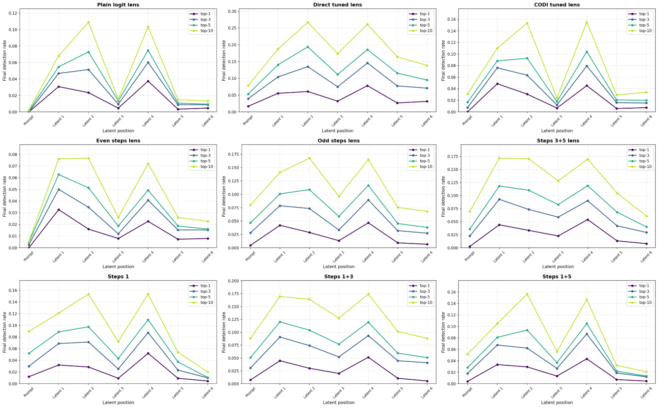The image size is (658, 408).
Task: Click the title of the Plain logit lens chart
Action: [x=118, y=5]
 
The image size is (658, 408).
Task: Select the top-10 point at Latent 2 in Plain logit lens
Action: [x=89, y=22]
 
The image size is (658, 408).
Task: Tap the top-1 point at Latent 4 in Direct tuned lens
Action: [x=367, y=86]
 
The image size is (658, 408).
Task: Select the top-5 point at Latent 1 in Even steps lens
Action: [x=59, y=175]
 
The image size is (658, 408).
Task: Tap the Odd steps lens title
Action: [x=339, y=141]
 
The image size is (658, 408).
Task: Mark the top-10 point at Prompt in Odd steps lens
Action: [x=250, y=205]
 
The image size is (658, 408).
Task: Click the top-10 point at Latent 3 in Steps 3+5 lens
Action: [x=558, y=181]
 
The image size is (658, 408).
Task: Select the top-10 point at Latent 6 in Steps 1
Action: [x=208, y=372]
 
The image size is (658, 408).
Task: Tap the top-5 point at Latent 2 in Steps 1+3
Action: [x=309, y=330]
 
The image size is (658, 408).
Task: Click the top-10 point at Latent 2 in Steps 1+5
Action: [x=527, y=294]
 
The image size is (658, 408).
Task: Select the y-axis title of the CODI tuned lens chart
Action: [x=443, y=61]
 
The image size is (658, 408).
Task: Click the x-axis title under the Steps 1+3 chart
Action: [x=339, y=402]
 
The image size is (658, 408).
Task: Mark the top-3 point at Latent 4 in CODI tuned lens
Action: [x=587, y=66]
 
